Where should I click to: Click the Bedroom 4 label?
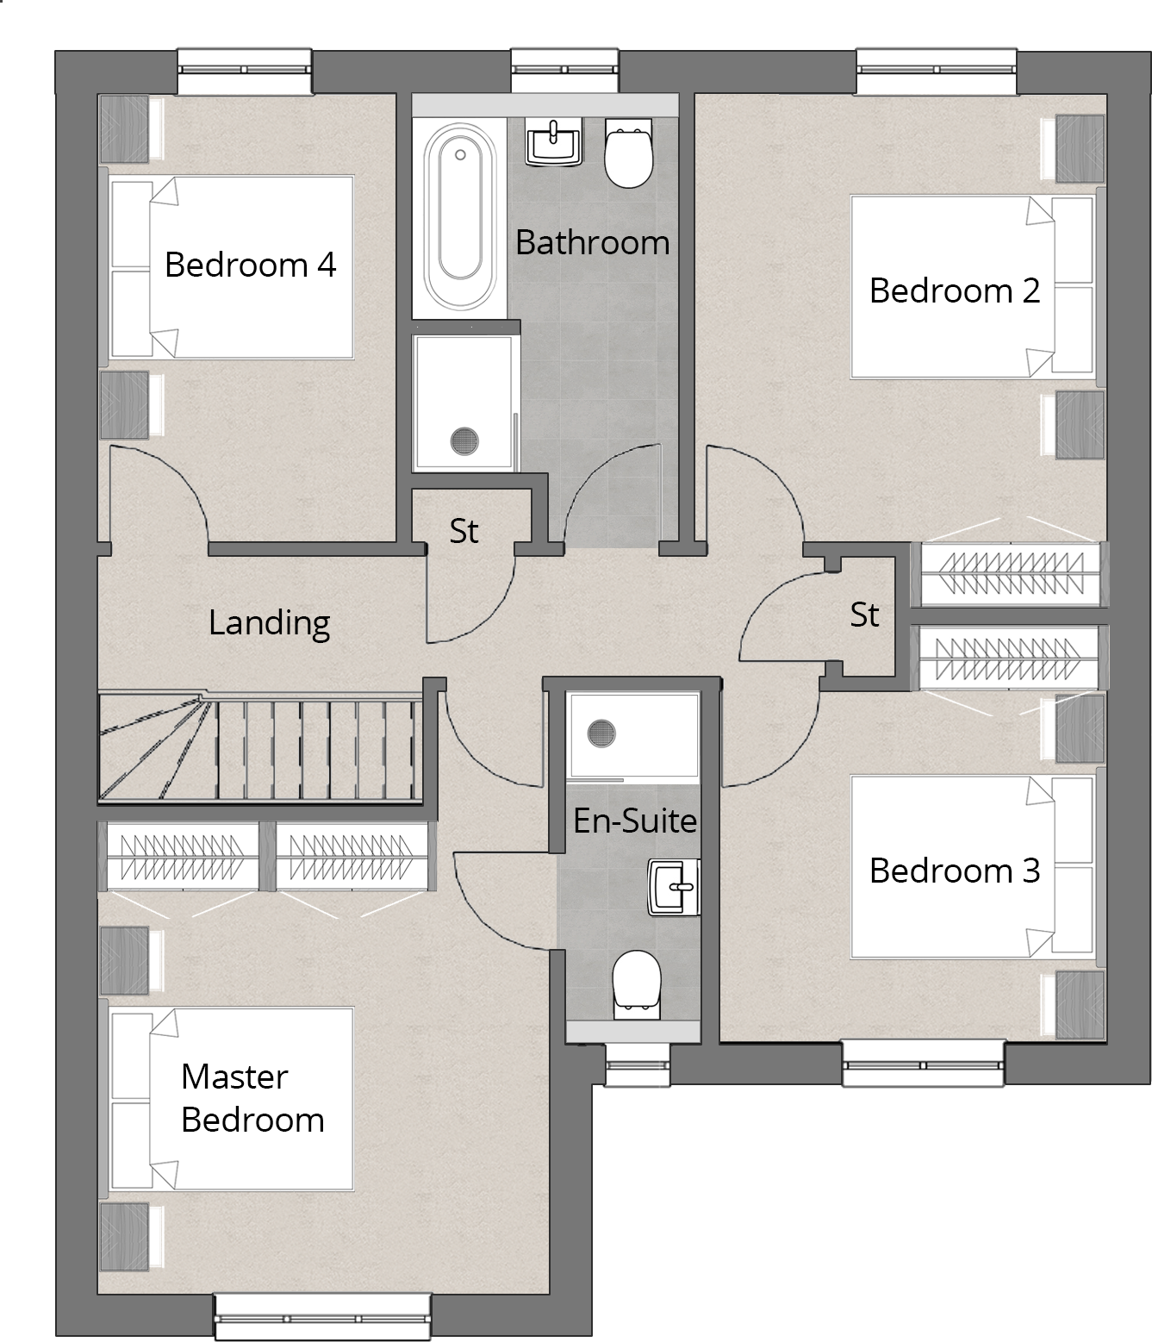click(250, 265)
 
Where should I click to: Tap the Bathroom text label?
click(592, 243)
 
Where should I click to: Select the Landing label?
click(269, 622)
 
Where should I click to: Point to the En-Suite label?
click(634, 821)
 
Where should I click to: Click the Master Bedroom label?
click(252, 1098)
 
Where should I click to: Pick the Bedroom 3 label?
click(954, 871)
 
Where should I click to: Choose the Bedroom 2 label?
click(954, 290)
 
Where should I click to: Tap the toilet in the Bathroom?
click(628, 153)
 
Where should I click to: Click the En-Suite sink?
click(674, 886)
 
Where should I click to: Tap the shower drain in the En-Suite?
click(601, 734)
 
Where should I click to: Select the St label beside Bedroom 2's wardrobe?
click(864, 615)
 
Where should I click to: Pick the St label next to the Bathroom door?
click(464, 531)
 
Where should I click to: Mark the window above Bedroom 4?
click(245, 71)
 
